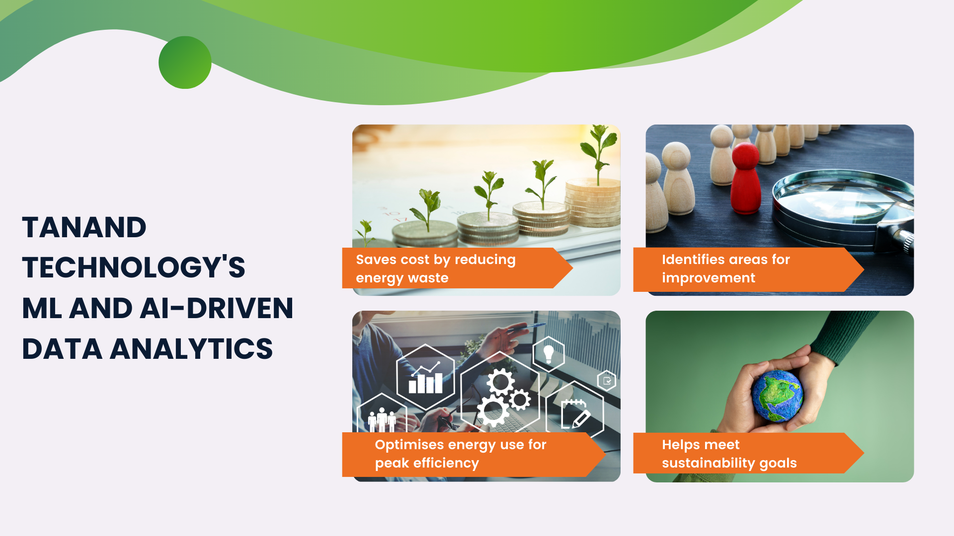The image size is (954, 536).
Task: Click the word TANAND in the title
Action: pyautogui.click(x=84, y=228)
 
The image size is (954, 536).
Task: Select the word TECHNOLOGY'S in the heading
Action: pyautogui.click(x=134, y=268)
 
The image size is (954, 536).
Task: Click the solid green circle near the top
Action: pyautogui.click(x=185, y=63)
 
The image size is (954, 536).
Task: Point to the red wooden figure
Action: pyautogui.click(x=745, y=179)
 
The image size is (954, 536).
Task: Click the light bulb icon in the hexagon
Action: pyautogui.click(x=549, y=354)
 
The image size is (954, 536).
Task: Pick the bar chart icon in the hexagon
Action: pyautogui.click(x=425, y=379)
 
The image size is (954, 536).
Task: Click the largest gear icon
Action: pyautogui.click(x=493, y=410)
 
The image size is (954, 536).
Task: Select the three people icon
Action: pyautogui.click(x=382, y=420)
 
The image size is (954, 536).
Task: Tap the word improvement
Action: pyautogui.click(x=709, y=278)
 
